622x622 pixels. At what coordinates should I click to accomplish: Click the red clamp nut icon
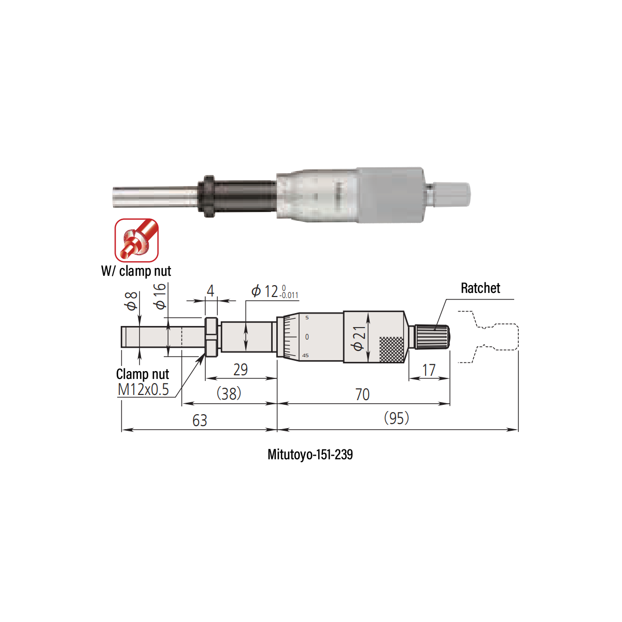click(136, 240)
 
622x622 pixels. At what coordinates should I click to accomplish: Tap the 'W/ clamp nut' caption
click(136, 271)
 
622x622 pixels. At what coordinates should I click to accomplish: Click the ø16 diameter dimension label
click(160, 296)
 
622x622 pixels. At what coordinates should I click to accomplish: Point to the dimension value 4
click(210, 291)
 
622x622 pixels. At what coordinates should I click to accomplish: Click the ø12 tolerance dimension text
click(275, 291)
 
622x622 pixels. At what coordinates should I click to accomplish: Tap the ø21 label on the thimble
click(359, 338)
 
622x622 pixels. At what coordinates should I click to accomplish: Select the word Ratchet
click(480, 288)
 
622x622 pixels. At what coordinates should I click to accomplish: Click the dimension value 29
click(241, 370)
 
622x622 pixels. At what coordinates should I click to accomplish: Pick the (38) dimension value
click(229, 393)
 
